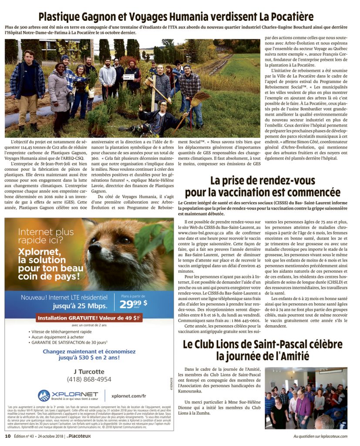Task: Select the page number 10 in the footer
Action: (7, 436)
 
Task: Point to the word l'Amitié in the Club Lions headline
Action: (290, 356)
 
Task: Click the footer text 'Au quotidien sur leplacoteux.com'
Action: (320, 436)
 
